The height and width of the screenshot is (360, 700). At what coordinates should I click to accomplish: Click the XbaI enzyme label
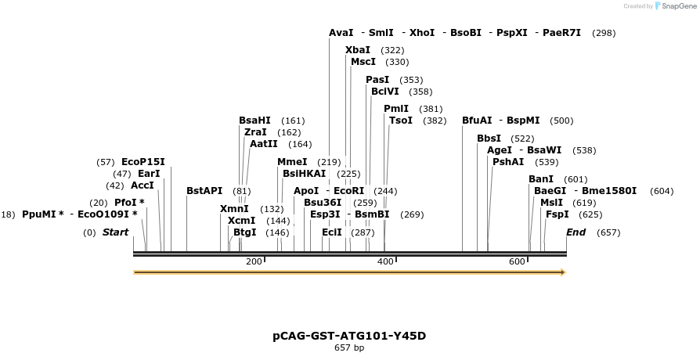point(358,50)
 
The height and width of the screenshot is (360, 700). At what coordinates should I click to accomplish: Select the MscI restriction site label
point(363,62)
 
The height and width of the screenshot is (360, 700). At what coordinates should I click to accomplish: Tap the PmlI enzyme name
point(396,109)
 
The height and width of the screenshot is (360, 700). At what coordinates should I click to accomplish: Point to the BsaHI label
point(254,121)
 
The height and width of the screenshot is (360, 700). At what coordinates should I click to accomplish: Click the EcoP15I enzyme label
point(143,162)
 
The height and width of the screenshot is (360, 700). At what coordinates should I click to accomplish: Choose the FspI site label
point(557,214)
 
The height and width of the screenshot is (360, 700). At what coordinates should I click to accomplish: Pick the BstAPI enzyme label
point(204,191)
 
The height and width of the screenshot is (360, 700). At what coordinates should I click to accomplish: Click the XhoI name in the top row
point(422,33)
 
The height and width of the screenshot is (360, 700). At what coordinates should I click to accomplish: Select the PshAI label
point(508,162)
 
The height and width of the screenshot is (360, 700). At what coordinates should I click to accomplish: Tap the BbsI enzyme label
point(489,139)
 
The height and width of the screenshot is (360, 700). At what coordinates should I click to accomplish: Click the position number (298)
point(604,33)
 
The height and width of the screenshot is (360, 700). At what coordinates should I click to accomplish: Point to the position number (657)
point(608,232)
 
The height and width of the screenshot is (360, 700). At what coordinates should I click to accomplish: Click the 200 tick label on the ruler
point(254,261)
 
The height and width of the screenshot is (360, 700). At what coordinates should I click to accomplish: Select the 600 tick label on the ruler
point(517,261)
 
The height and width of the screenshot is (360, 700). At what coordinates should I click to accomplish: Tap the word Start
point(115,232)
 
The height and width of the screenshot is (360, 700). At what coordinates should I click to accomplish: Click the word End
point(576,232)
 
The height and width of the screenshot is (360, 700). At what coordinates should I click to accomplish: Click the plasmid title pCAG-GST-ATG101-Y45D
point(349,336)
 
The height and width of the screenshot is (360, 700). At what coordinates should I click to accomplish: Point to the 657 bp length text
point(349,347)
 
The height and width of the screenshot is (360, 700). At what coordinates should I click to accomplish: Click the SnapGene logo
point(675,6)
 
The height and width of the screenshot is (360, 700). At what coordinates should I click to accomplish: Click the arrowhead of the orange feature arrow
point(562,272)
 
